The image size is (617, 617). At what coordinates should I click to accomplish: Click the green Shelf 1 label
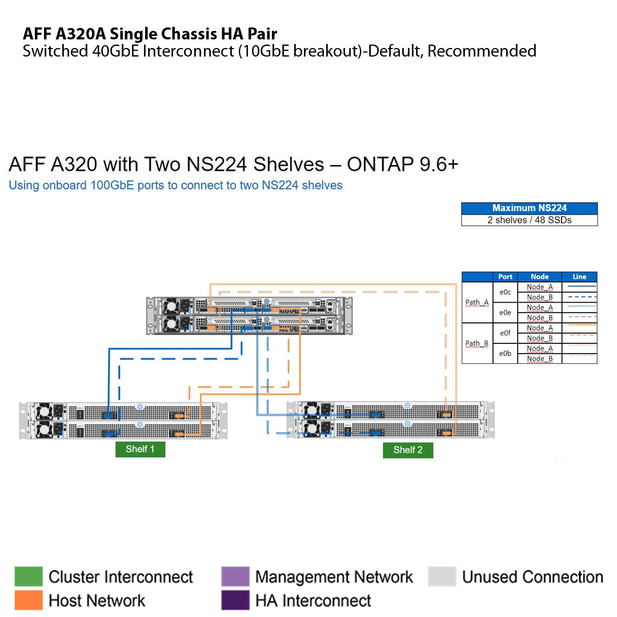coord(140,449)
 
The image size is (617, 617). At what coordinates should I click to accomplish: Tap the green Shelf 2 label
coord(408,450)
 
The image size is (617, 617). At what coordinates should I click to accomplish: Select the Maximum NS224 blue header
coord(529,209)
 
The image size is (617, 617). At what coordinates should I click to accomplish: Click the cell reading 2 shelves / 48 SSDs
coord(529,220)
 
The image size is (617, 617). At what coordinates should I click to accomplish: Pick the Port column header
coord(505,277)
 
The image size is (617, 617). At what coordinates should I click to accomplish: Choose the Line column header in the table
coord(579,277)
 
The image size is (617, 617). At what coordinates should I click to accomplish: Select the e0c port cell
coord(505,292)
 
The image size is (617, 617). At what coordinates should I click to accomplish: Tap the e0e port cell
coord(505,312)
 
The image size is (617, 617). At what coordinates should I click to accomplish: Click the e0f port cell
coord(505,333)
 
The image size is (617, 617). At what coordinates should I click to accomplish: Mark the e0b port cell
coord(505,354)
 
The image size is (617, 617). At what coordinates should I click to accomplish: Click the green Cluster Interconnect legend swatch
coord(29,577)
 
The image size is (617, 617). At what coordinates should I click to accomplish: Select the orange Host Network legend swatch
coord(29,600)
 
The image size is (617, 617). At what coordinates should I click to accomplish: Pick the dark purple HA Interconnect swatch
coord(235,600)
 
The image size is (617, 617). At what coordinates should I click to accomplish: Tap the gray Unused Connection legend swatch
coord(442,577)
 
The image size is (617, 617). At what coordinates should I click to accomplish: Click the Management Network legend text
coord(334,577)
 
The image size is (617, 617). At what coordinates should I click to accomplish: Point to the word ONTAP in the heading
coord(380,165)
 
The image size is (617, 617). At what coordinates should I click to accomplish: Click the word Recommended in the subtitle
coord(482,51)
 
